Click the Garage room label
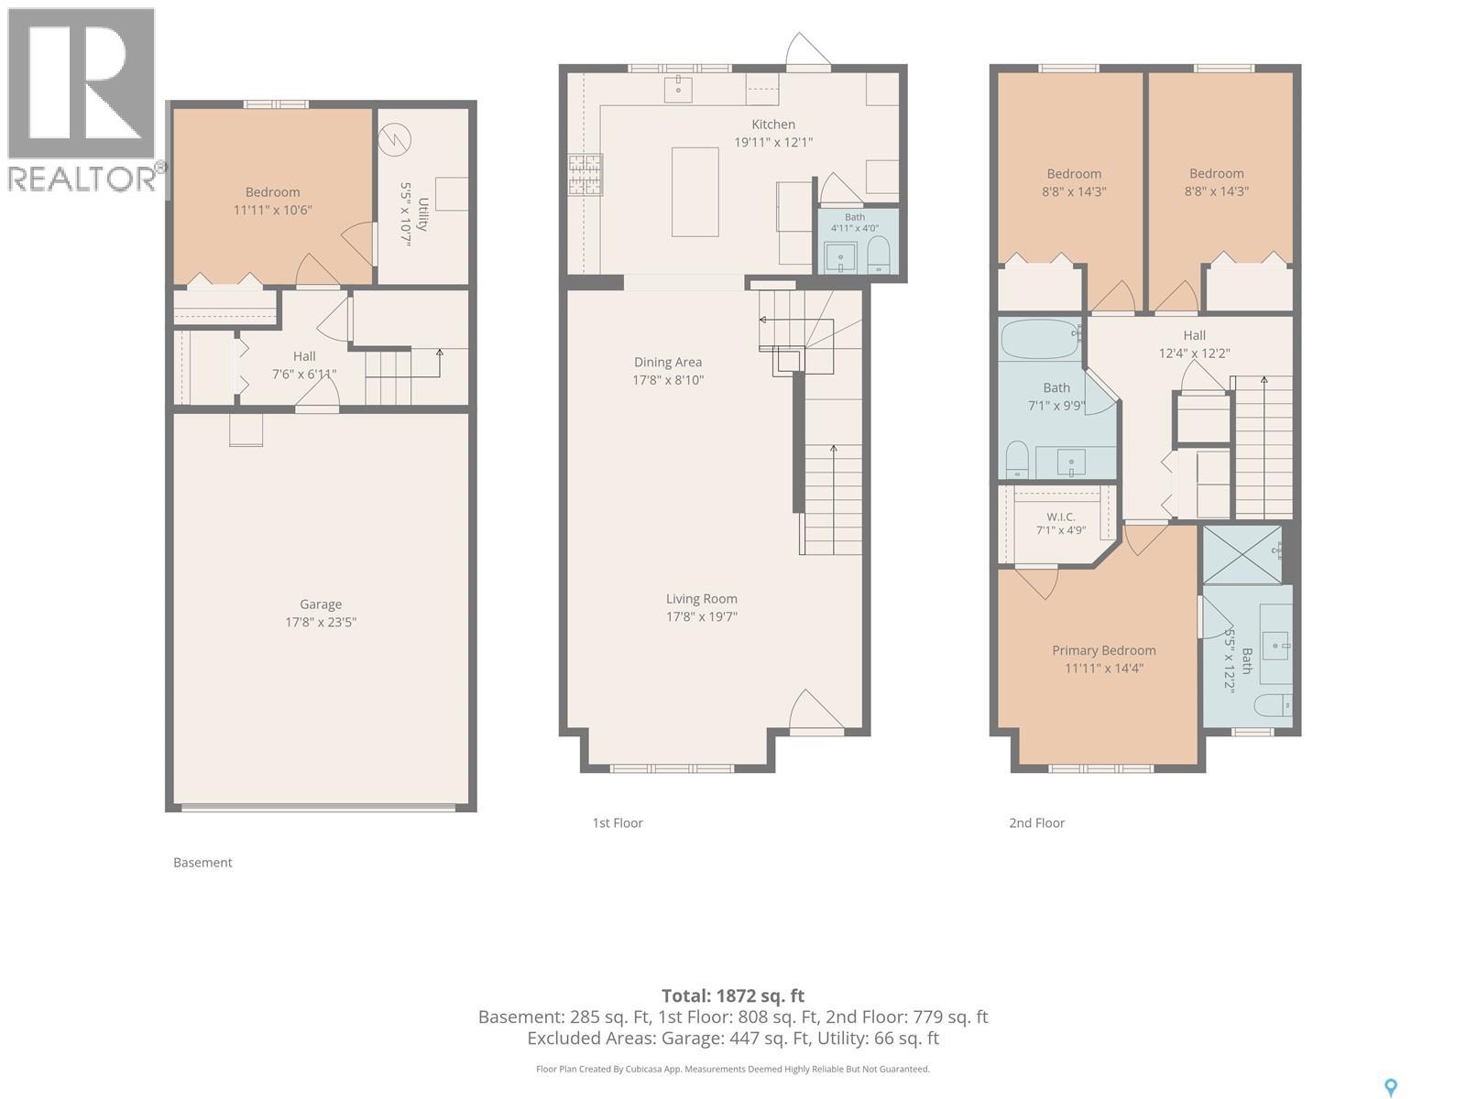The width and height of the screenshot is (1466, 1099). tap(321, 604)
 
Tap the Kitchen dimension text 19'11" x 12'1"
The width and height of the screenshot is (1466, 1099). tap(773, 142)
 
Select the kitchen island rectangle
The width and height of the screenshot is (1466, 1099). tap(695, 192)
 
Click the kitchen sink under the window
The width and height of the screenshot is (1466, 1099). tap(679, 88)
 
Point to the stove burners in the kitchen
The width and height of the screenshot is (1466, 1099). tap(585, 175)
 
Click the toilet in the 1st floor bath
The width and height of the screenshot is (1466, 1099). tap(878, 255)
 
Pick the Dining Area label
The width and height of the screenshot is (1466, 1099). tap(668, 362)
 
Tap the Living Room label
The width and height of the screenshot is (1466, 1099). tap(701, 599)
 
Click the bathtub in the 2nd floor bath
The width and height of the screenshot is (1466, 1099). tap(1040, 339)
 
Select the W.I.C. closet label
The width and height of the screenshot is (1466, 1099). tap(1061, 517)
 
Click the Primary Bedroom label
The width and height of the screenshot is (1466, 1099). tap(1103, 650)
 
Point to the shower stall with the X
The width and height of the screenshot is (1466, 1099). tap(1242, 554)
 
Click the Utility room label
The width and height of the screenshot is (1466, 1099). tap(422, 214)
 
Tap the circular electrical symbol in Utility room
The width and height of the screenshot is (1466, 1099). tap(394, 140)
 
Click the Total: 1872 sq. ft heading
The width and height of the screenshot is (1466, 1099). tap(733, 996)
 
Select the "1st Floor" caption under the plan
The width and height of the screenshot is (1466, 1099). tap(618, 822)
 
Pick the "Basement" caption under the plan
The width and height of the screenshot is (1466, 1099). tap(202, 862)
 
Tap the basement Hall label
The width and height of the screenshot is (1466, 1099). tap(304, 356)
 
